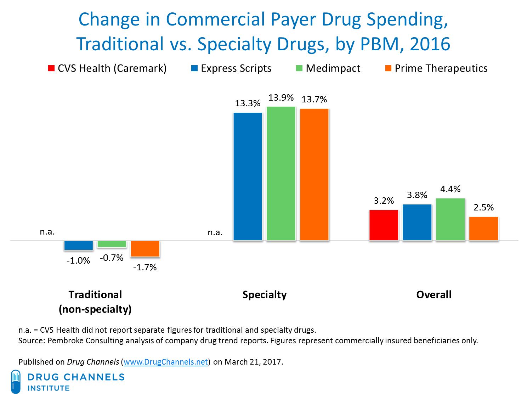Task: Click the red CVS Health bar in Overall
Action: (x=384, y=225)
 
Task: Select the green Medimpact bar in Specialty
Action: (x=281, y=173)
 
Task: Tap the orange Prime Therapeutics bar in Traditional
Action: (x=145, y=248)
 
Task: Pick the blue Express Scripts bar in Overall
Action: (x=417, y=222)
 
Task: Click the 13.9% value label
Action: (x=281, y=97)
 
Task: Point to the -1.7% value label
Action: (x=145, y=268)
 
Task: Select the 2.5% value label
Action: (x=484, y=207)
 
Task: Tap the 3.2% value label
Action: (x=384, y=201)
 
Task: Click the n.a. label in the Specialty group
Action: (x=215, y=232)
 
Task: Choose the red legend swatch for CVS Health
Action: (x=51, y=68)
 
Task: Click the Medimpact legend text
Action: (x=333, y=68)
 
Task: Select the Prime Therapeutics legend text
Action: (x=441, y=68)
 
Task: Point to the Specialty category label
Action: (x=265, y=295)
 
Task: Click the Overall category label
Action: (x=434, y=295)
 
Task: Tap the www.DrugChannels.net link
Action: (x=166, y=362)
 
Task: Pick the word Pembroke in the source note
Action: (x=65, y=341)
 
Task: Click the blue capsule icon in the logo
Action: (x=16, y=381)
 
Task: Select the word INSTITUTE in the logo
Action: (x=49, y=388)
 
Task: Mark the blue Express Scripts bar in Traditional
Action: (x=78, y=245)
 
